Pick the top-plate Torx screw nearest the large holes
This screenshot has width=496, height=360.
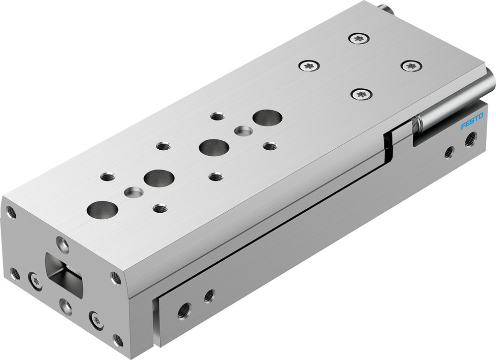click(x=309, y=65)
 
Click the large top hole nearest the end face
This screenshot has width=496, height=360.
click(x=102, y=209)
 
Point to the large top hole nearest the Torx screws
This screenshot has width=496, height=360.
click(x=267, y=118)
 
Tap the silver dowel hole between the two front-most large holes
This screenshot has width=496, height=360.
click(x=133, y=191)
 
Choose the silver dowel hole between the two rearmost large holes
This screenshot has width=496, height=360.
click(x=243, y=131)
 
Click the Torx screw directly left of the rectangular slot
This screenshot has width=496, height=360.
click(x=36, y=281)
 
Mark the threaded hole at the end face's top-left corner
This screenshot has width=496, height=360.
click(x=11, y=213)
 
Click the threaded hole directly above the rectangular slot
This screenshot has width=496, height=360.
click(x=62, y=243)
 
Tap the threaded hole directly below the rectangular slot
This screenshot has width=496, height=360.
click(x=66, y=305)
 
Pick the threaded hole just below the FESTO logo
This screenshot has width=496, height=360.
click(x=470, y=140)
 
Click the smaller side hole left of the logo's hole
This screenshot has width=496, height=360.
click(x=449, y=152)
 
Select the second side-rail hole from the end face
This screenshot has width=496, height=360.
click(x=209, y=296)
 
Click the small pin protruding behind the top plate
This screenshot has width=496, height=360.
click(x=385, y=7)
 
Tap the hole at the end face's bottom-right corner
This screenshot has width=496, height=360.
click(x=118, y=340)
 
